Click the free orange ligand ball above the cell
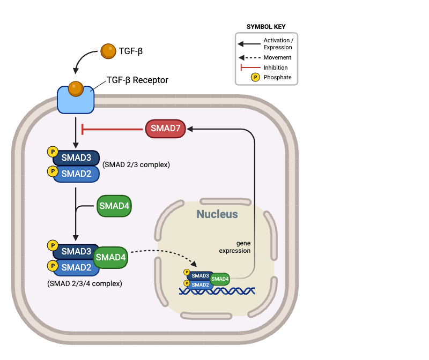point(108,51)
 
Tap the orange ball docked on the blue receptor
point(76,88)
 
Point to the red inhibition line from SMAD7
point(113,129)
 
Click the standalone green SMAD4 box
point(114,206)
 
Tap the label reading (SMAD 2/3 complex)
point(136,164)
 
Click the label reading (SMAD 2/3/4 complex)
point(84,283)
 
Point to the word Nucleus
point(217,215)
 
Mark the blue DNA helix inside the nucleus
point(217,291)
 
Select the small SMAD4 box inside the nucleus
point(220,279)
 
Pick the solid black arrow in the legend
point(249,44)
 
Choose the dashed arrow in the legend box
point(249,57)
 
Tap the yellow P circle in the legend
point(255,77)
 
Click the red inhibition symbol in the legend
point(250,67)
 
